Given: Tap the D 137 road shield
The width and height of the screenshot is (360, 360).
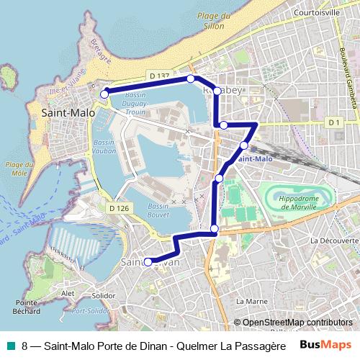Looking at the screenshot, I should pos(160,76).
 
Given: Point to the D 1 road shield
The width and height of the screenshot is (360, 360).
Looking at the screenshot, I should pos(333,123).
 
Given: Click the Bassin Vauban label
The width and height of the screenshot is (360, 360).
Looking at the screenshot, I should pos(104,148).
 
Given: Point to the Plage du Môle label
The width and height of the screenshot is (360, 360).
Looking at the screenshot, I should pos(16,169).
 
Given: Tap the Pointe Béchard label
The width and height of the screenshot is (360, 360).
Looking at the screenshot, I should pos(25,307).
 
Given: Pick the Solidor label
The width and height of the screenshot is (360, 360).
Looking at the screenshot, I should pos(104,296).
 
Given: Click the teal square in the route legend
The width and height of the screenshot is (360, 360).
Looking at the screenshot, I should pos(9,345).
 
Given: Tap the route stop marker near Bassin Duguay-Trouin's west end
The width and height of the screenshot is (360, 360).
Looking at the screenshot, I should pos(104,94).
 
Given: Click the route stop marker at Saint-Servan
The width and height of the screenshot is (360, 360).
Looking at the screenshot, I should pos(148,262).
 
